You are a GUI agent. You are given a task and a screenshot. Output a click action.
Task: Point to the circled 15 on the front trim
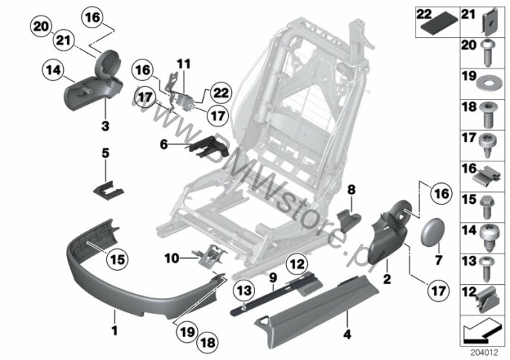click(116, 260)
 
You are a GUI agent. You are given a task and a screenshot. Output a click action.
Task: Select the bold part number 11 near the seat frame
click(184, 63)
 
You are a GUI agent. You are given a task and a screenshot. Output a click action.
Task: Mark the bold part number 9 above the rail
click(273, 277)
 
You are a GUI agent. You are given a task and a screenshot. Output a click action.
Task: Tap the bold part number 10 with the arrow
click(171, 259)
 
